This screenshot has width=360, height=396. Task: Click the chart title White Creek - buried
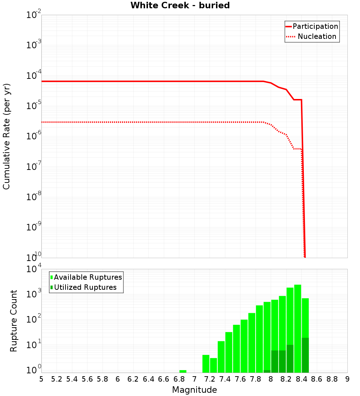(x=180, y=5)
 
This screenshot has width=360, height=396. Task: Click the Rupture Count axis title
(x=14, y=320)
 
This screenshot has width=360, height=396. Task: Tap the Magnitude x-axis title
(x=194, y=390)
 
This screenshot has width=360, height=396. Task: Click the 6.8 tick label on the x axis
(x=179, y=379)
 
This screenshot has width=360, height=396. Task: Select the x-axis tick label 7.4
(x=225, y=379)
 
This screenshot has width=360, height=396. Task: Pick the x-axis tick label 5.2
(x=57, y=379)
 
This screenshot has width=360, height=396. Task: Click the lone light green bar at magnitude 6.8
(x=183, y=371)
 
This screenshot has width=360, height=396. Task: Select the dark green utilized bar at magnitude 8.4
(x=305, y=355)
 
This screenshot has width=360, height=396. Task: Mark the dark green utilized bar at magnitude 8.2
(x=290, y=359)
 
